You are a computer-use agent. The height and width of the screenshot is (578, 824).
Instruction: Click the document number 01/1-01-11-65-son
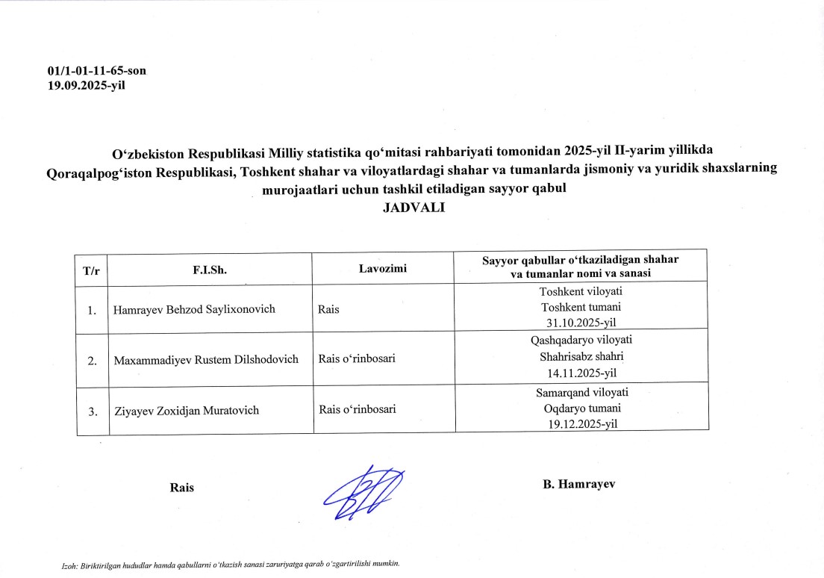click(96, 72)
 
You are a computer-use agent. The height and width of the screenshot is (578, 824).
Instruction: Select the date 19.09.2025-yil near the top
click(87, 84)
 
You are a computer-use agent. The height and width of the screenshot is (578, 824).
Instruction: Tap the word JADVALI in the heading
click(413, 208)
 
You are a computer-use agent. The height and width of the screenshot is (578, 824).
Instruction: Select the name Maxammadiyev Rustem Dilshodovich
click(206, 359)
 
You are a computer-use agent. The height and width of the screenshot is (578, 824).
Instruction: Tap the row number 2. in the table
click(93, 361)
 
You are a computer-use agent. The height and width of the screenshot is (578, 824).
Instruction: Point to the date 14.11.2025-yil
click(581, 372)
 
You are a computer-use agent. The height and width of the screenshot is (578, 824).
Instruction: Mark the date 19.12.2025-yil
click(581, 423)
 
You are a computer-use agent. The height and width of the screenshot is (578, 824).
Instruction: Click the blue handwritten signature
click(366, 492)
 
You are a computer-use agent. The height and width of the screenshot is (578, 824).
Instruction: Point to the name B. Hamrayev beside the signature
click(578, 484)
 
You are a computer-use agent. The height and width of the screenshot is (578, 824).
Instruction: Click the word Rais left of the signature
click(182, 488)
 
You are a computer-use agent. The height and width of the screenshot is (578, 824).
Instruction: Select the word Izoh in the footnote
click(69, 564)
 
